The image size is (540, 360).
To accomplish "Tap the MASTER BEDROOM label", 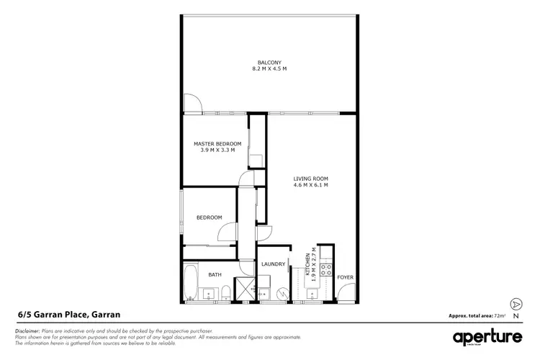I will [217, 144].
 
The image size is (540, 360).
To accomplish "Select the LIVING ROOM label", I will [310, 179].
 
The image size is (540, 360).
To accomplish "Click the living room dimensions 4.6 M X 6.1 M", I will [310, 186].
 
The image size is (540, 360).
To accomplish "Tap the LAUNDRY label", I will [273, 264].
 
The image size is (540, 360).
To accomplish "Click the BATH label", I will [215, 274].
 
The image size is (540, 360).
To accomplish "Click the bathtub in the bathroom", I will [192, 283].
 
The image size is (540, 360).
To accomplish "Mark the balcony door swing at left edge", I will [192, 104].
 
